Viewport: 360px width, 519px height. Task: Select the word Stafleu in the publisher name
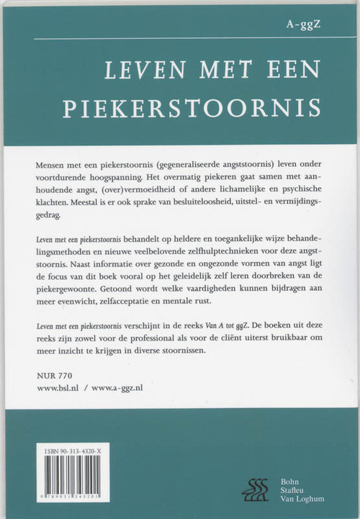[x=295, y=490]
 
